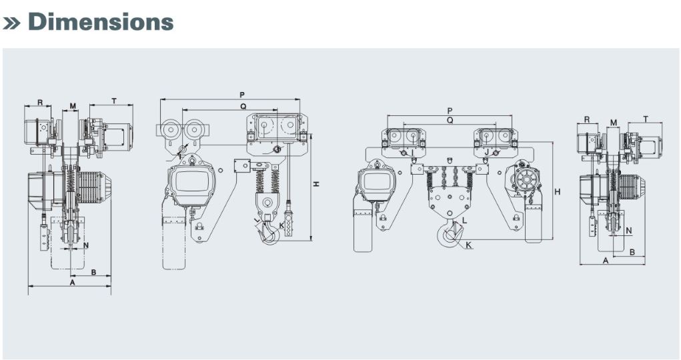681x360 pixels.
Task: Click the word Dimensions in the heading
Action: point(101,22)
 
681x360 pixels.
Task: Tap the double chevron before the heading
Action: point(12,23)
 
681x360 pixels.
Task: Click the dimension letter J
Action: point(486,153)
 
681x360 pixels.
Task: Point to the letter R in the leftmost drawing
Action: point(40,103)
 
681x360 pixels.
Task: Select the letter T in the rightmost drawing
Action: point(646,119)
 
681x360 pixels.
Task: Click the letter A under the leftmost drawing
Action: point(73,282)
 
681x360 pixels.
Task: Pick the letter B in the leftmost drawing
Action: point(93,272)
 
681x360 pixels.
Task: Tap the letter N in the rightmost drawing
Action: point(628,231)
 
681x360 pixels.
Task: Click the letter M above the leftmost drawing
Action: point(73,106)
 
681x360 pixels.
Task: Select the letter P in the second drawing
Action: point(242,95)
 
